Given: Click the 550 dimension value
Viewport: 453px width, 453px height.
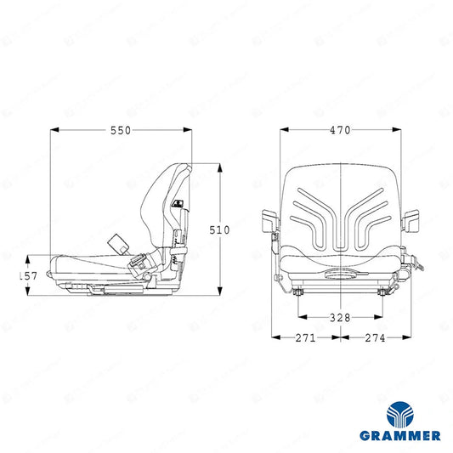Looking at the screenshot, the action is pyautogui.click(x=121, y=131).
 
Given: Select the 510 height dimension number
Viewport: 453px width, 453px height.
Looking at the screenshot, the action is pyautogui.click(x=219, y=230).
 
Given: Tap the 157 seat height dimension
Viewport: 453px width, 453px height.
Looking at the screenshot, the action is pyautogui.click(x=28, y=276).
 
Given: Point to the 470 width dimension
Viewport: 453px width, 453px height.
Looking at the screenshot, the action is pyautogui.click(x=340, y=130).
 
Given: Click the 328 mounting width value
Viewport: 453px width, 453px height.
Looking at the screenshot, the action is pyautogui.click(x=340, y=318).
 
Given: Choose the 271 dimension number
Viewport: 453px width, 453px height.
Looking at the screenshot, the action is pyautogui.click(x=306, y=337).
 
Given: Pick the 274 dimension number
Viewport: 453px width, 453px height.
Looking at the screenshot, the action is pyautogui.click(x=375, y=337).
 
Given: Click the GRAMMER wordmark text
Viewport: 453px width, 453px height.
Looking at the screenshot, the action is pyautogui.click(x=400, y=435).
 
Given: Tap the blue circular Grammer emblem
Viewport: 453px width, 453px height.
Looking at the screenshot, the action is pyautogui.click(x=400, y=414).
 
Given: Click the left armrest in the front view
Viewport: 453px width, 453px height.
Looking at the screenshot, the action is pyautogui.click(x=270, y=221).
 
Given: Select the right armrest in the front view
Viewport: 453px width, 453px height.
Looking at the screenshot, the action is pyautogui.click(x=411, y=221).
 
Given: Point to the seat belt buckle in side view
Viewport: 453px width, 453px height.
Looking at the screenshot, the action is pyautogui.click(x=138, y=259).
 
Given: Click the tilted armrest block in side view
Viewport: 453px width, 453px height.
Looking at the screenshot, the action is pyautogui.click(x=118, y=243).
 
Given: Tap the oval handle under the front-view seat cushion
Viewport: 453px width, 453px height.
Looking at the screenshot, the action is pyautogui.click(x=340, y=275).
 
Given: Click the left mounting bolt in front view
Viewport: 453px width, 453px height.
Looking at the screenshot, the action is pyautogui.click(x=297, y=292).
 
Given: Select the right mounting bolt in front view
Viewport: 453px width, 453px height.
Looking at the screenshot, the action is pyautogui.click(x=382, y=292).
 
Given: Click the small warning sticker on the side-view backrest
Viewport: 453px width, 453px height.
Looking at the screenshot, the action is pyautogui.click(x=178, y=204).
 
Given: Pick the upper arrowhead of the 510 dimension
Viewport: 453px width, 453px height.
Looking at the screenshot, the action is pyautogui.click(x=220, y=167).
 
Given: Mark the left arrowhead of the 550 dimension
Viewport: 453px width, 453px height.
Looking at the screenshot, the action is pyautogui.click(x=55, y=130).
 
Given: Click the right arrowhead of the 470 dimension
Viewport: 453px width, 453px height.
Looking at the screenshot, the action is pyautogui.click(x=396, y=130).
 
